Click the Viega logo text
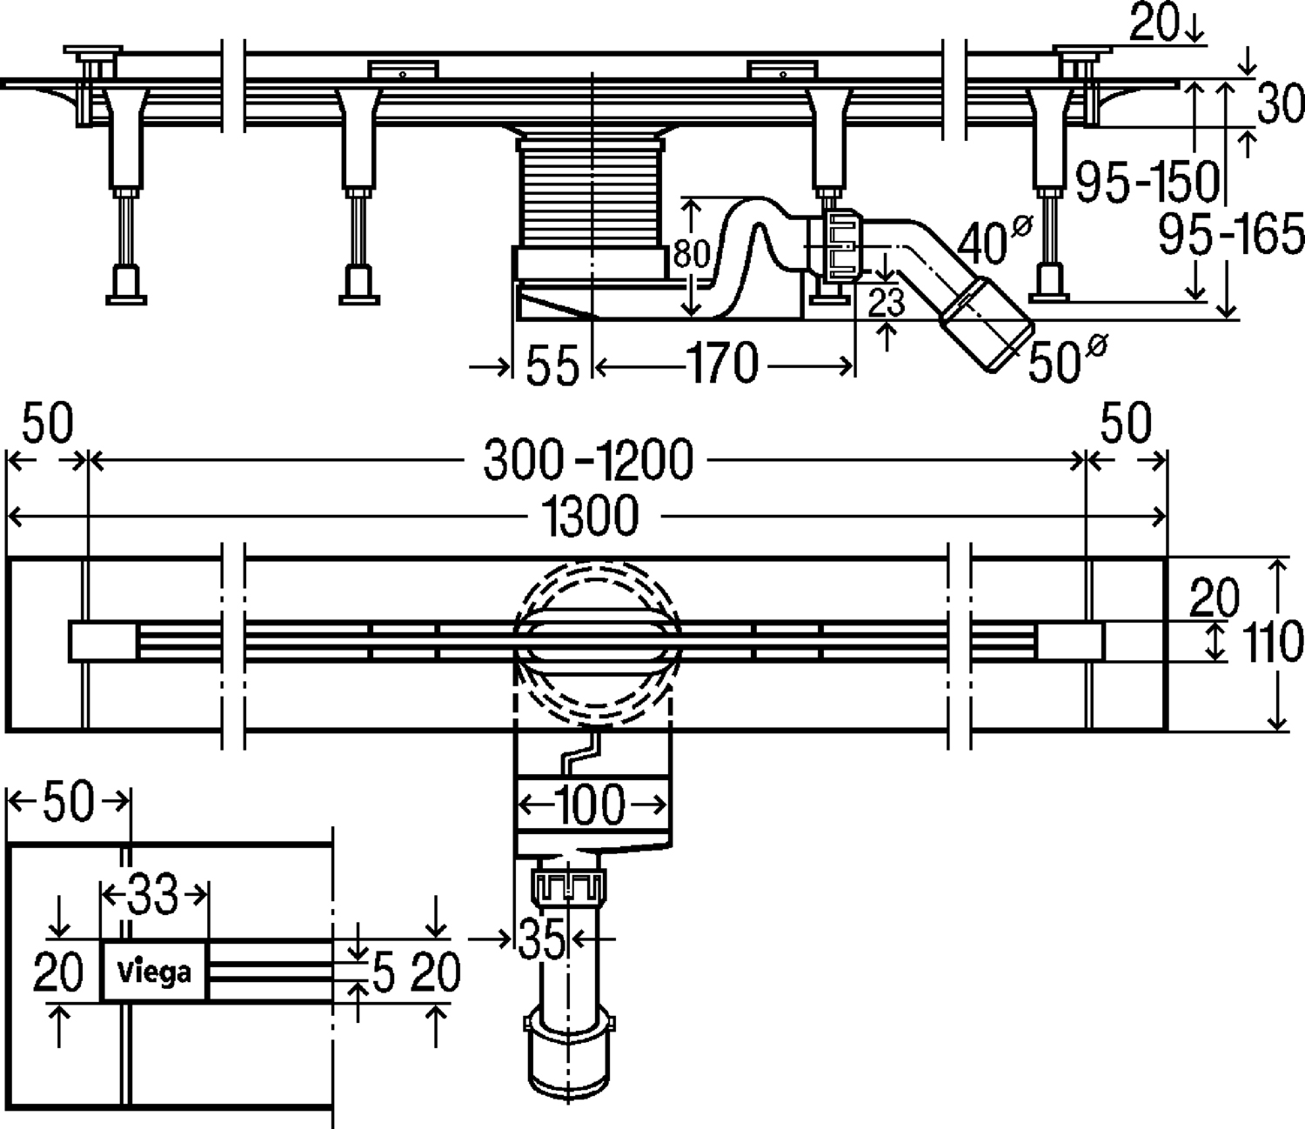pyautogui.click(x=154, y=971)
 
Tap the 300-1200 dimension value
pyautogui.click(x=588, y=460)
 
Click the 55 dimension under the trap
pyautogui.click(x=552, y=364)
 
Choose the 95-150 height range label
pyautogui.click(x=1148, y=181)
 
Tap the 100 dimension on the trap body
pyautogui.click(x=589, y=805)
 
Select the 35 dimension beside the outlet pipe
pyautogui.click(x=541, y=939)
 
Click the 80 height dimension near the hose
pyautogui.click(x=693, y=256)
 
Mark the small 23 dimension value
pyautogui.click(x=887, y=303)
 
